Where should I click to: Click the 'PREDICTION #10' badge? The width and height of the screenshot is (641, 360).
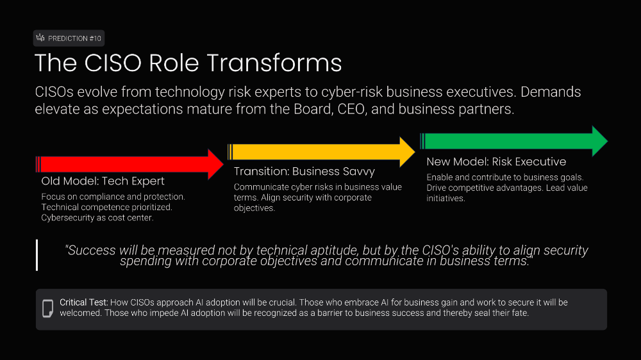69,38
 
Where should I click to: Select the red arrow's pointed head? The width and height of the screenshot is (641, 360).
215,164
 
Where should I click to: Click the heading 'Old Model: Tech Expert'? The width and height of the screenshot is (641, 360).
103,181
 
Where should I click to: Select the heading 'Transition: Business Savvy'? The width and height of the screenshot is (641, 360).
304,172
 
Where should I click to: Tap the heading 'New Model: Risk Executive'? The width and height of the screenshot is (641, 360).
496,161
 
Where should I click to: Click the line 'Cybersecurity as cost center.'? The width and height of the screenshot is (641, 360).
97,218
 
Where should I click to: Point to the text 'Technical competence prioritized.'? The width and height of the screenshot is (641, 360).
107,208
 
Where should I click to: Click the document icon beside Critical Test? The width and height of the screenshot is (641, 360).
47,308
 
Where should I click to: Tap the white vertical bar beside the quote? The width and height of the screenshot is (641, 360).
37,255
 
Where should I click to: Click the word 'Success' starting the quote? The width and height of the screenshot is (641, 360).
91,250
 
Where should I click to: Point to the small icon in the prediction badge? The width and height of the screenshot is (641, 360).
41,38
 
